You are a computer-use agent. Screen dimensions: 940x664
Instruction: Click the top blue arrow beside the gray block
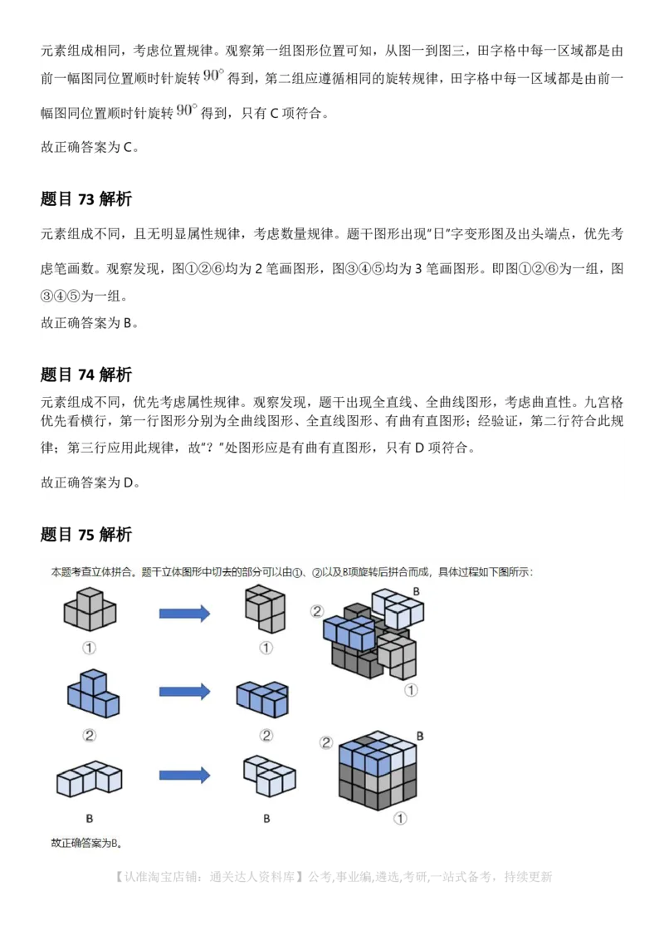pyautogui.click(x=184, y=614)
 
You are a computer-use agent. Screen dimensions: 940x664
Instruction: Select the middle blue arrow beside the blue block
pyautogui.click(x=184, y=692)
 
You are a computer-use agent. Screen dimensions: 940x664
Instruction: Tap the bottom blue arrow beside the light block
pyautogui.click(x=184, y=775)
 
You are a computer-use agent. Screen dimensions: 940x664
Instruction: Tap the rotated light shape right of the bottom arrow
pyautogui.click(x=267, y=775)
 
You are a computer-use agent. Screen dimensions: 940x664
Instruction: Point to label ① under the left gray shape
pyautogui.click(x=89, y=648)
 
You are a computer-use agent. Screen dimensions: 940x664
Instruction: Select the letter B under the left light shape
pyautogui.click(x=89, y=819)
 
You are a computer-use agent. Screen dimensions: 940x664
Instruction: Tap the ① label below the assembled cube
pyautogui.click(x=399, y=819)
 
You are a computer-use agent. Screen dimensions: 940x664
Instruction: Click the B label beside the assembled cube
pyautogui.click(x=420, y=736)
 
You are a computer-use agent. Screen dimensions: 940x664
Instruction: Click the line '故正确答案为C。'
pyautogui.click(x=90, y=148)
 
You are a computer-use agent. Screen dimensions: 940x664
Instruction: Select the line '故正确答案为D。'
pyautogui.click(x=90, y=482)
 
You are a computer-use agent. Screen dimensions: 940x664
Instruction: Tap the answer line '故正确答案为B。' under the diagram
pyautogui.click(x=86, y=843)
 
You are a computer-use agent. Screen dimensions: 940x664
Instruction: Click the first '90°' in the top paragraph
pyautogui.click(x=214, y=76)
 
